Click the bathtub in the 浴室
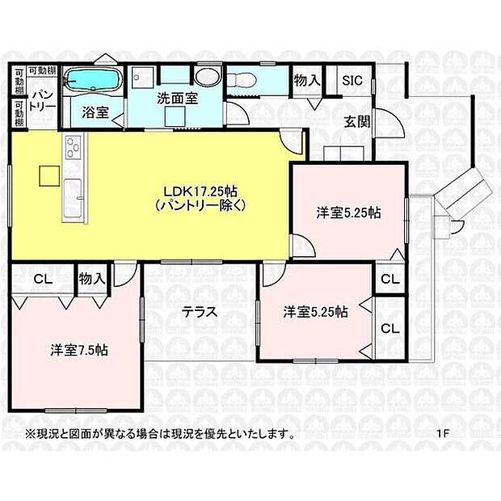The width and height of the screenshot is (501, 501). point(92,81)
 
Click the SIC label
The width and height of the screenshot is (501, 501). point(352,81)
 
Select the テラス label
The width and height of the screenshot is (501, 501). point(199,311)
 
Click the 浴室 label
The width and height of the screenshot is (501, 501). point(96,113)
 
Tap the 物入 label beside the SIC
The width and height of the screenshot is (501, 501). point(307,81)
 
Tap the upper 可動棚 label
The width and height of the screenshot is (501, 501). point(43,71)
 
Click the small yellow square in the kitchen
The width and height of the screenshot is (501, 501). point(47,175)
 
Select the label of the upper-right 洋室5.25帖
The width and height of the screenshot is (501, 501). point(348,213)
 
